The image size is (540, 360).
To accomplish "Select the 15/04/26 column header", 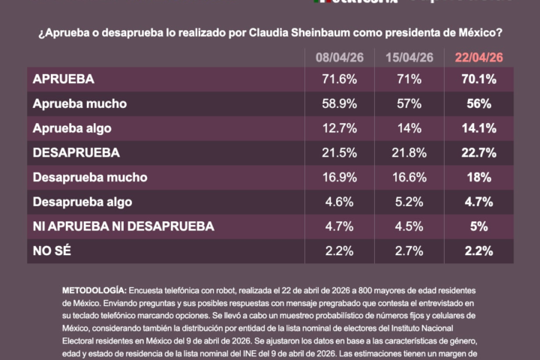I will coord(408,58).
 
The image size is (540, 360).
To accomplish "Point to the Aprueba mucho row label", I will coord(79,103).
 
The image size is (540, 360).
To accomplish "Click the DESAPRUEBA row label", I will coord(76,152).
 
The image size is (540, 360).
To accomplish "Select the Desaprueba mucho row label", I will coord(89,177).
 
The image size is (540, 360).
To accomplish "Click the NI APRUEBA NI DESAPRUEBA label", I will coord(123,226).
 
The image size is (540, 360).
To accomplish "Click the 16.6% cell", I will coord(408,177).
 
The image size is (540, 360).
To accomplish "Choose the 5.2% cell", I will coord(408,202).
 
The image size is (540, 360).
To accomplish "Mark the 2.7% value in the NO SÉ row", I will coord(408,250).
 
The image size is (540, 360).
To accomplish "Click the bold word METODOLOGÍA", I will coord(94,289).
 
